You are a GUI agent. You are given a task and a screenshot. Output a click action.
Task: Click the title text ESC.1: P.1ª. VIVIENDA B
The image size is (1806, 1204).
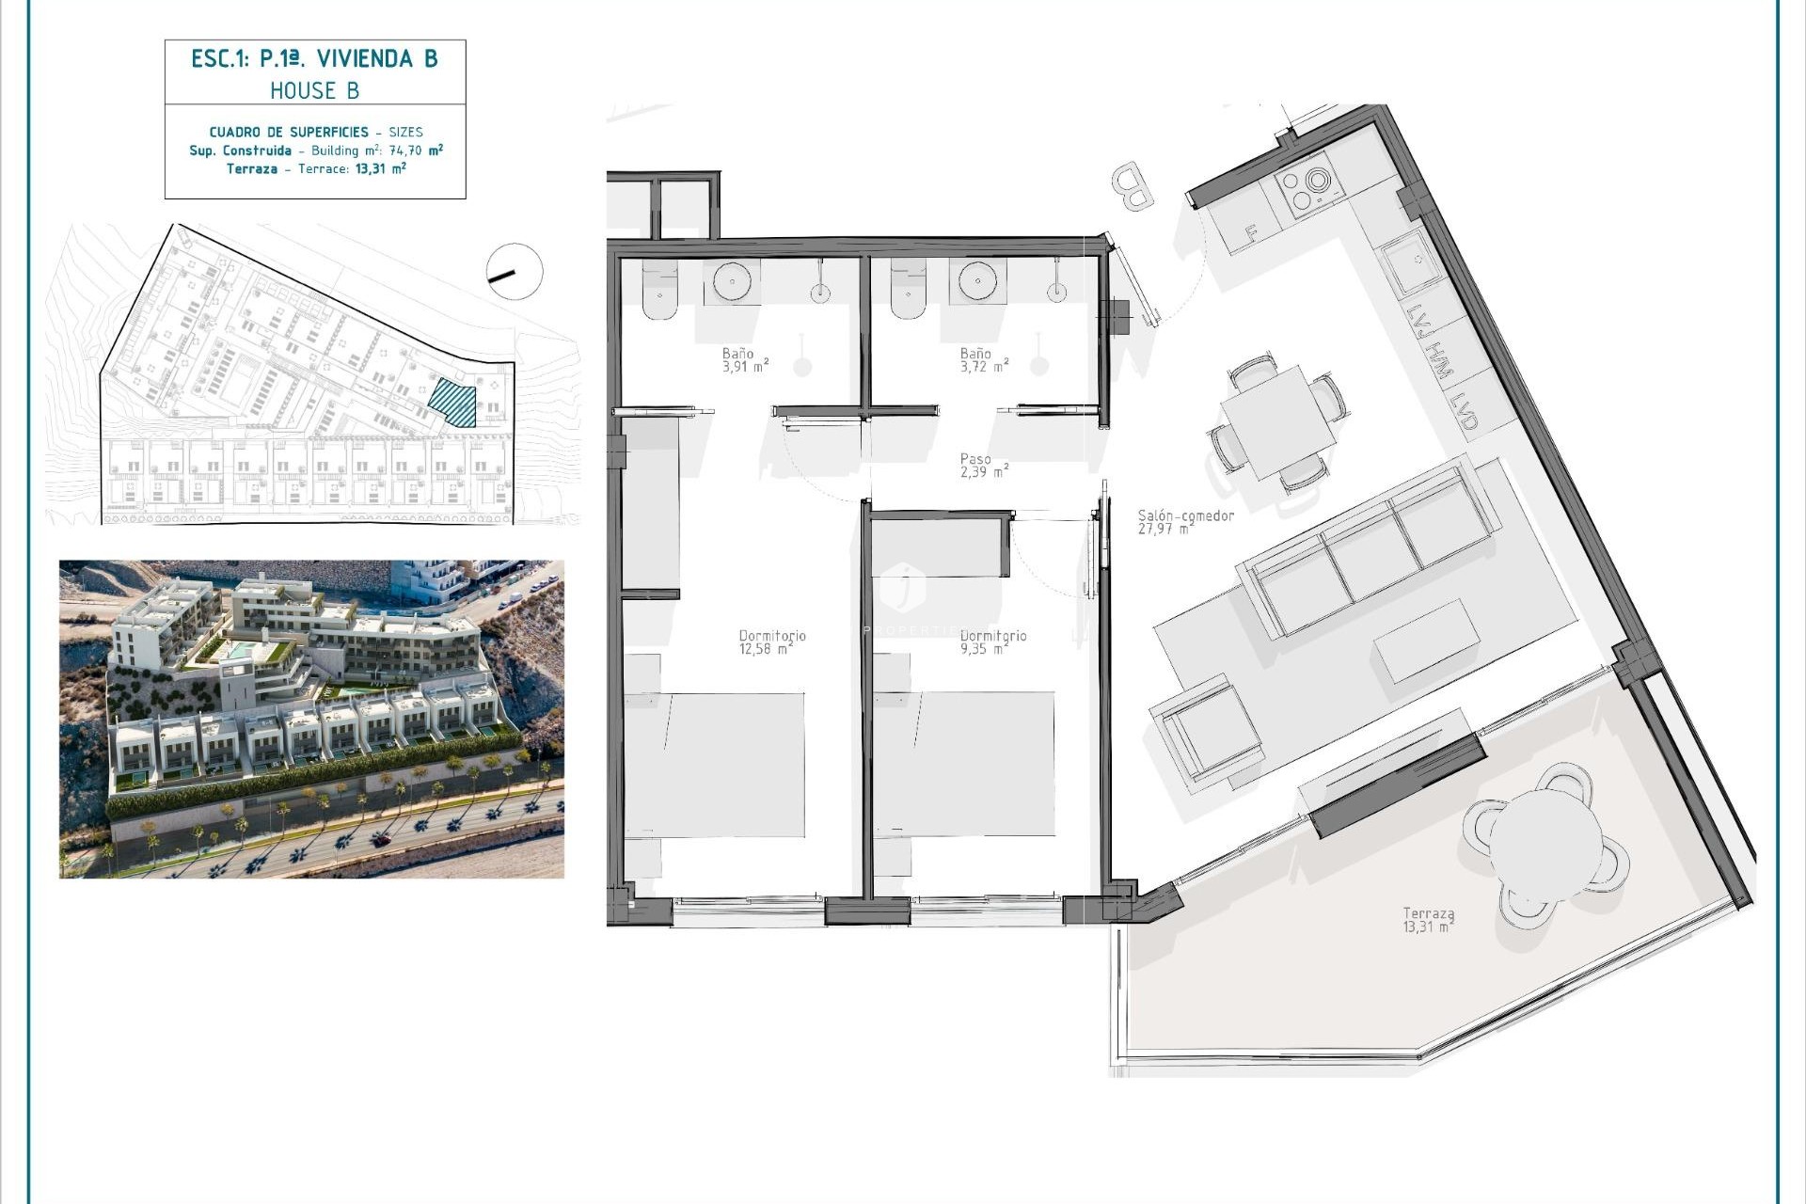tap(314, 59)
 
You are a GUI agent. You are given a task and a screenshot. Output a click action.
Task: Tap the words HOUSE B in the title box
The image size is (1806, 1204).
tap(314, 91)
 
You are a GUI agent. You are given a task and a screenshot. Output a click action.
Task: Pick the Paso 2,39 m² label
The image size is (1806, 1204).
tap(984, 466)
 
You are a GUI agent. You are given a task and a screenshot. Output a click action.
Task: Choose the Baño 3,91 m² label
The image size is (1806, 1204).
tap(745, 360)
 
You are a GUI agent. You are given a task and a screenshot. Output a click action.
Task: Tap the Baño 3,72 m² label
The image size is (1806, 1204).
tap(984, 360)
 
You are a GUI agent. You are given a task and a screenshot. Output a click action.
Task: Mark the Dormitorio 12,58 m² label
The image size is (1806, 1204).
tap(771, 642)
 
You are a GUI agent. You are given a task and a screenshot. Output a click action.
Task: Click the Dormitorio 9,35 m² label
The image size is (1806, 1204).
tap(993, 642)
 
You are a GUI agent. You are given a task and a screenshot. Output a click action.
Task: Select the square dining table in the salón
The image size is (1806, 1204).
tap(1277, 422)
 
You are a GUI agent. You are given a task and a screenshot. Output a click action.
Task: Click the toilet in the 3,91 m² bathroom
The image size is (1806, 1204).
tap(659, 292)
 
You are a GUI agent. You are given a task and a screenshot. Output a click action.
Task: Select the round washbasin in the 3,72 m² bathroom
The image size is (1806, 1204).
tap(977, 280)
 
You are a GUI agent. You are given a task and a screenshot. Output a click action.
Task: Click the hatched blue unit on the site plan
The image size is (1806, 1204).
tap(452, 403)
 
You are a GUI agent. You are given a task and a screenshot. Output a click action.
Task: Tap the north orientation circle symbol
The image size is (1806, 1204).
tap(514, 272)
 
